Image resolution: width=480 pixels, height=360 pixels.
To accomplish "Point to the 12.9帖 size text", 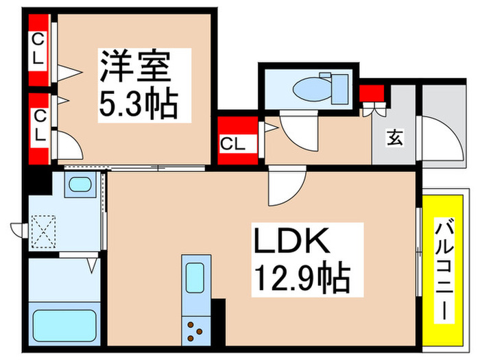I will tap(302, 278).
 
